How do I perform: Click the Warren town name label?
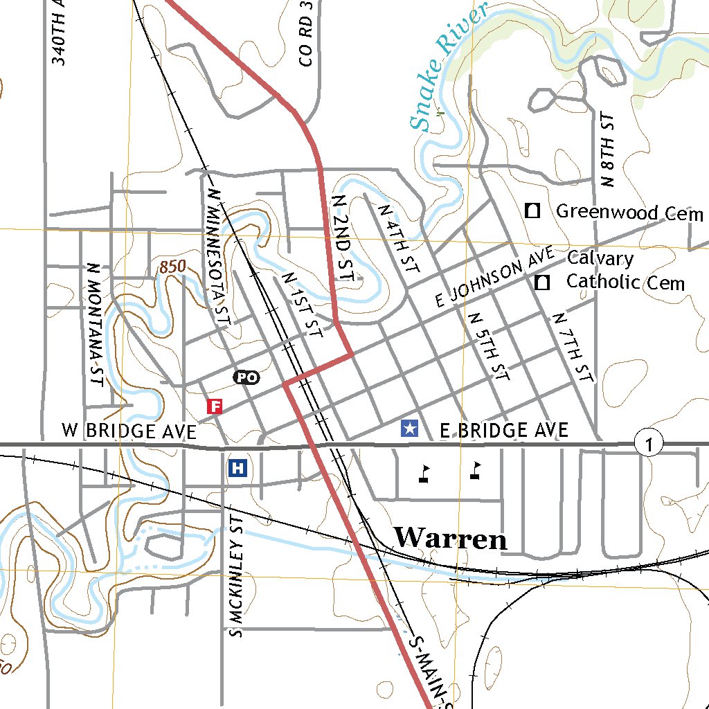coord(450,538)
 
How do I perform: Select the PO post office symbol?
coord(246,377)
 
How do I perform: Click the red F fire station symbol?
coord(215,406)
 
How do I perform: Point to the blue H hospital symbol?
coord(237,468)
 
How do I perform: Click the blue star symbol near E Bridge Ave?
coord(410,429)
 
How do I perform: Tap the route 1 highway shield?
coord(648,443)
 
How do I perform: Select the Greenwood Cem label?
coord(629,212)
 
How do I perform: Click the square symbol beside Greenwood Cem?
coord(532,210)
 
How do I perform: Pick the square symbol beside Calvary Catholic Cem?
coord(543,282)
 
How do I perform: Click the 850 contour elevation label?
coord(172,266)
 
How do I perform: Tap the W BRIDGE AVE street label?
coord(129,431)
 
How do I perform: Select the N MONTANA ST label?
coord(94,324)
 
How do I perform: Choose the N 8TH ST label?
coord(609,150)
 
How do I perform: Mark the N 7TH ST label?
coord(572,347)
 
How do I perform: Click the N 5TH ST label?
coord(490,346)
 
